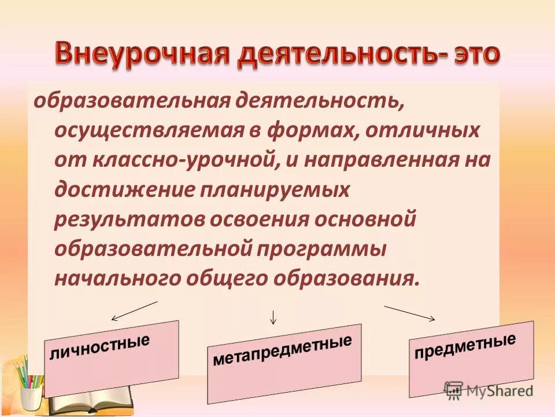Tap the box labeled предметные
[x=471, y=359]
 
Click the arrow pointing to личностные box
[x=134, y=311]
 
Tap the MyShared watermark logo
[x=489, y=389]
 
